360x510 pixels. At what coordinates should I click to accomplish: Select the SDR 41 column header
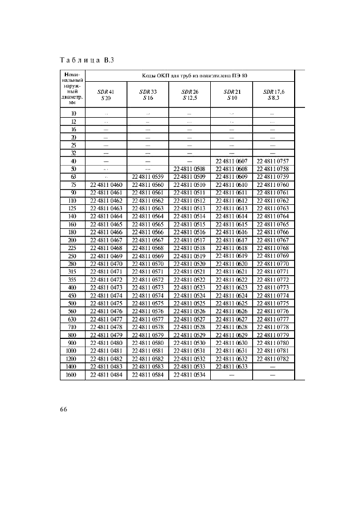click(x=106, y=94)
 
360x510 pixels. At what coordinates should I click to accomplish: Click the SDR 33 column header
click(x=148, y=94)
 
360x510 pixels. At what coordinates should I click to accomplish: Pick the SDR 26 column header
click(x=190, y=94)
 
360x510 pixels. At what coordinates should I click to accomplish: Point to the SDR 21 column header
click(x=231, y=94)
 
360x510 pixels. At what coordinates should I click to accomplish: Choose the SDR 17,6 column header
click(x=273, y=94)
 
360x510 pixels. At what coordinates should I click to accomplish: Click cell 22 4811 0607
click(x=231, y=161)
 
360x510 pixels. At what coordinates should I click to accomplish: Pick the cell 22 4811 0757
click(x=273, y=161)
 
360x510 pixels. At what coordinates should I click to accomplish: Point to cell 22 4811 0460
click(x=106, y=185)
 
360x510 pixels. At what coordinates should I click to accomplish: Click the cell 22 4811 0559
click(x=148, y=177)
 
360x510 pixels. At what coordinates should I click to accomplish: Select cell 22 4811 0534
click(x=190, y=375)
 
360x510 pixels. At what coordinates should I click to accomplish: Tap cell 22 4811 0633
click(x=231, y=368)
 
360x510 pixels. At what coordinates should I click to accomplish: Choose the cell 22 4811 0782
click(x=273, y=360)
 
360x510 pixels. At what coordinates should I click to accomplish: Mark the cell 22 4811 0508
click(x=190, y=169)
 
